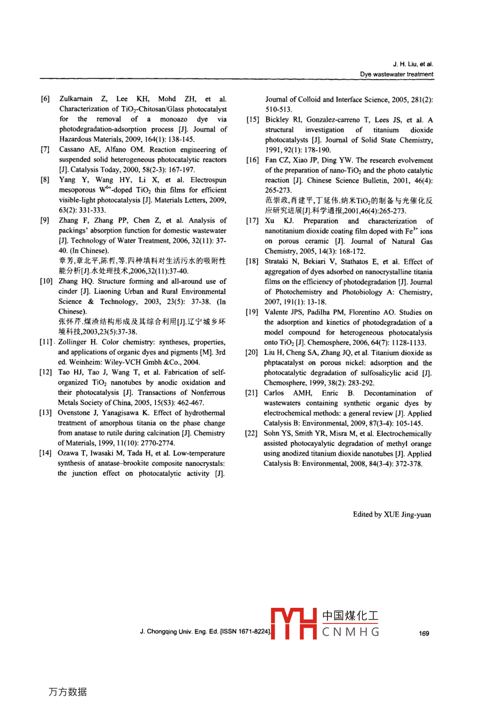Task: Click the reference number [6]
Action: [x=45, y=99]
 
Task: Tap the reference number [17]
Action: [x=252, y=221]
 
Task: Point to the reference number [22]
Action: [x=251, y=434]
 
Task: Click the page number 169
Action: [x=424, y=633]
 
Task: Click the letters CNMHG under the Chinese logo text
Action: [x=351, y=631]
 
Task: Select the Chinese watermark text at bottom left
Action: [x=67, y=692]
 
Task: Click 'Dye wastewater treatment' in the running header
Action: [x=396, y=74]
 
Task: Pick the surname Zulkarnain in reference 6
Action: [x=76, y=99]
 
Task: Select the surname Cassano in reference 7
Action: [x=73, y=150]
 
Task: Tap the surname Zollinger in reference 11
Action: [x=74, y=342]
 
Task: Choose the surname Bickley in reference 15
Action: [x=277, y=120]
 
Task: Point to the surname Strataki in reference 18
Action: [x=278, y=262]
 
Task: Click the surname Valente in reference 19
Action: [x=277, y=313]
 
